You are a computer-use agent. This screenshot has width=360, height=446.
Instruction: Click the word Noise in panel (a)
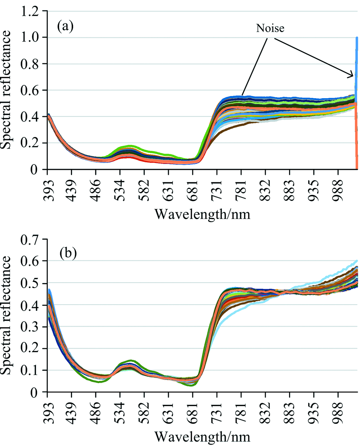tap(270, 28)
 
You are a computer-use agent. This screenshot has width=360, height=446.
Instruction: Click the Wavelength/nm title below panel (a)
tap(202, 214)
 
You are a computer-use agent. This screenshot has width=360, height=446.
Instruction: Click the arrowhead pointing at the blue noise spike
tap(352, 76)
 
